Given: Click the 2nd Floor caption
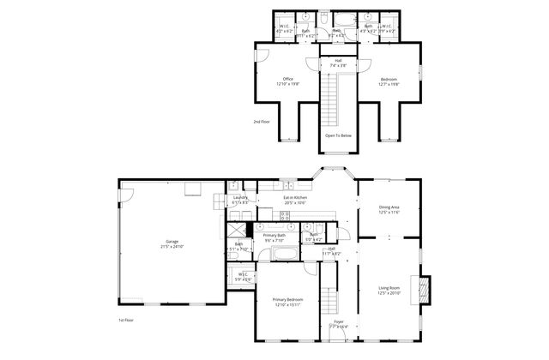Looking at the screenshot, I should [262, 122].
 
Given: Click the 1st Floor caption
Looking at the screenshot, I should [125, 320].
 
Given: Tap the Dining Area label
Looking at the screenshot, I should [389, 209].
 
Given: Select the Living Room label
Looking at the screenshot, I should [389, 290].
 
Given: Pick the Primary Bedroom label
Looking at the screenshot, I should [287, 302].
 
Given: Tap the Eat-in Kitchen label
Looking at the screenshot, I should [295, 201].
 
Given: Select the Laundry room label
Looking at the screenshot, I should [241, 200].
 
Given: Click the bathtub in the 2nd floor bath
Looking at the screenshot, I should [341, 18].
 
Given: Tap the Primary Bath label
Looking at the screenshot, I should [274, 237].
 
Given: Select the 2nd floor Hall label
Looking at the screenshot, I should [338, 63].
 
